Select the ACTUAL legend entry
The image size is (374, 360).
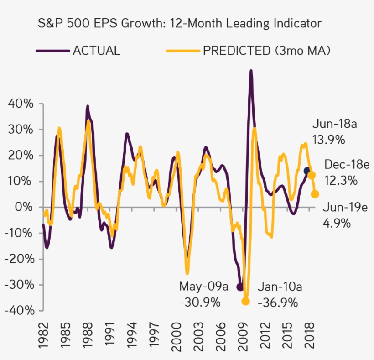click(x=96, y=50)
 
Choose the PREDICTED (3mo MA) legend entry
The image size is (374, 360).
click(x=266, y=50)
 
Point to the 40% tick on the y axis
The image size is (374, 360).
click(x=21, y=104)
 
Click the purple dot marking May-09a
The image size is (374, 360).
click(x=240, y=287)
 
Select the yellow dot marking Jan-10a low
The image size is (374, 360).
click(x=246, y=301)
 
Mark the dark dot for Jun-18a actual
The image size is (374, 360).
click(x=307, y=171)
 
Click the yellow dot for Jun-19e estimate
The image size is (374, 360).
click(x=315, y=194)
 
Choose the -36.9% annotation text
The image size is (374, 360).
click(x=278, y=302)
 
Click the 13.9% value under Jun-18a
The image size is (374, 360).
click(x=328, y=140)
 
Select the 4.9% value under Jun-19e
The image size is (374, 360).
click(x=337, y=223)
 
